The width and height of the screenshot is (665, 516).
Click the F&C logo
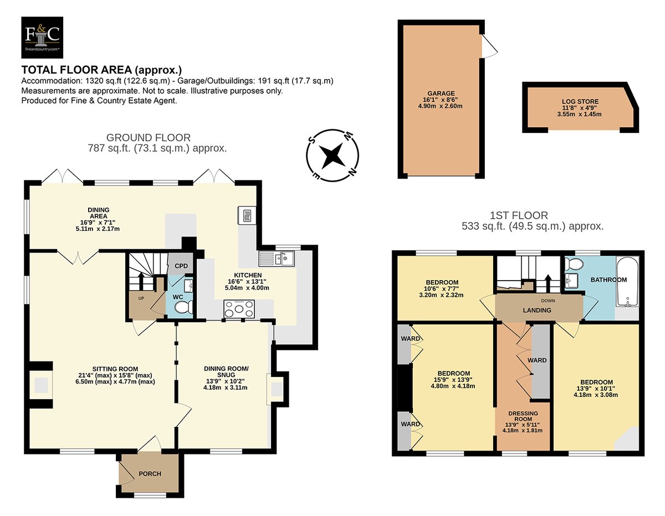(42, 37)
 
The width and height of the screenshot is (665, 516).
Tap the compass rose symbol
(332, 156)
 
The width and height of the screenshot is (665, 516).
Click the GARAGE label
(441, 93)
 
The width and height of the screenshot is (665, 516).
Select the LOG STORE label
(580, 101)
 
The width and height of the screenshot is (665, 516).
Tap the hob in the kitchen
(239, 309)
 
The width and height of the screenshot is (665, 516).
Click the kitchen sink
(277, 259)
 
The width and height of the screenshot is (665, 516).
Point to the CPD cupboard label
(181, 266)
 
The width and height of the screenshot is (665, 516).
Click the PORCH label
(150, 474)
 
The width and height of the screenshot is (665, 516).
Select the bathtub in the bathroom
(627, 281)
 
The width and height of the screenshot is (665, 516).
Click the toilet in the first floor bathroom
(571, 263)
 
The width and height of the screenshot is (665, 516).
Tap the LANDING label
(537, 310)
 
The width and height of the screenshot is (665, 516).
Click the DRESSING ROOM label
(523, 416)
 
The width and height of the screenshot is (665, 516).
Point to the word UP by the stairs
(141, 298)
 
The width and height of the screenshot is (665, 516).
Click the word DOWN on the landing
(548, 301)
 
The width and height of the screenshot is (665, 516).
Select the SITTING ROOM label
(115, 369)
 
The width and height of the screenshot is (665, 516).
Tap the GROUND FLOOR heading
(149, 137)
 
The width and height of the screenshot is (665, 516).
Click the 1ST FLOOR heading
(519, 215)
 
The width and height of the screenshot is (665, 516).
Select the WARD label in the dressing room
(537, 360)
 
